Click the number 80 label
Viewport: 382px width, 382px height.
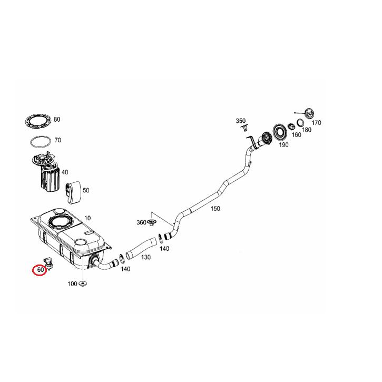57,120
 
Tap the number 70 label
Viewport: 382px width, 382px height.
57,141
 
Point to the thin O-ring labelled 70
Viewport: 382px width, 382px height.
39,142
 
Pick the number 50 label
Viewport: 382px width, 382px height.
86,190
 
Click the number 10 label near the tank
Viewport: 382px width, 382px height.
87,218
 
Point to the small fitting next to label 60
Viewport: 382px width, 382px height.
49,262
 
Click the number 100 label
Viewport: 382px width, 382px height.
72,284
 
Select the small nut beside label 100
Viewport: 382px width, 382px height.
83,285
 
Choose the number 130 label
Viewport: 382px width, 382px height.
145,257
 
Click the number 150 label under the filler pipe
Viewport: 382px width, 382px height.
215,209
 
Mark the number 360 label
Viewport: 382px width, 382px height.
141,222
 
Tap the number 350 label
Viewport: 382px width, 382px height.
241,121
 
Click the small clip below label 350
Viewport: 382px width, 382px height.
243,128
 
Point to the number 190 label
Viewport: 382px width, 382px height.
283,144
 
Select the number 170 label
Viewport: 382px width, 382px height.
316,123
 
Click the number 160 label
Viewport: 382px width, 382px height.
296,135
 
